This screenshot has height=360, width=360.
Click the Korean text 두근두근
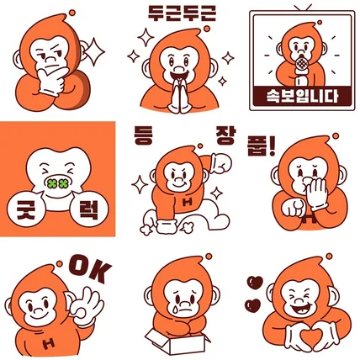tap(181, 12)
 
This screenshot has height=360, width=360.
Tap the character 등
tap(144, 135)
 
